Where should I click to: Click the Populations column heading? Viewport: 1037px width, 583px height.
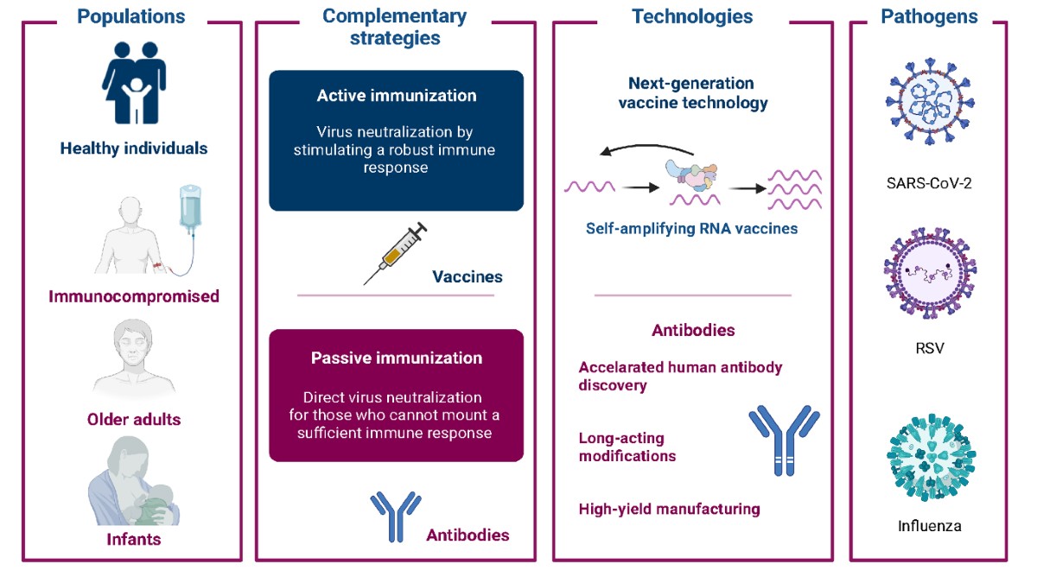pyautogui.click(x=131, y=16)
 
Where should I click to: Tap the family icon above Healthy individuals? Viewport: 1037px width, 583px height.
pyautogui.click(x=133, y=84)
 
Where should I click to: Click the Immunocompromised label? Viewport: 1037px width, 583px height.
pyautogui.click(x=134, y=296)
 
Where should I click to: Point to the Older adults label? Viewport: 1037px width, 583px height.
pyautogui.click(x=134, y=420)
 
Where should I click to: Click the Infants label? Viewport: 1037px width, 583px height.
pyautogui.click(x=134, y=540)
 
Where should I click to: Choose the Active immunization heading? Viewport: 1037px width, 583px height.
pyautogui.click(x=396, y=95)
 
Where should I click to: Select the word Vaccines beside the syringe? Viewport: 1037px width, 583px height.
pyautogui.click(x=468, y=277)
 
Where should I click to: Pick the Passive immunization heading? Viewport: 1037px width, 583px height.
pyautogui.click(x=396, y=358)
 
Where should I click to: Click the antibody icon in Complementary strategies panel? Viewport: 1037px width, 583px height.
pyautogui.click(x=389, y=516)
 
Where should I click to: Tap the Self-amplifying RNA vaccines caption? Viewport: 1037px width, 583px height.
pyautogui.click(x=692, y=229)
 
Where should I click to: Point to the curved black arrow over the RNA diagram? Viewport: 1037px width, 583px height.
pyautogui.click(x=649, y=151)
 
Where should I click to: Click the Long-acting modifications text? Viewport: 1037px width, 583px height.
pyautogui.click(x=627, y=447)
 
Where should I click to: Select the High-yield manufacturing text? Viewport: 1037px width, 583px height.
pyautogui.click(x=670, y=509)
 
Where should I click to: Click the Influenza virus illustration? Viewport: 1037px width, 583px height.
pyautogui.click(x=931, y=457)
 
